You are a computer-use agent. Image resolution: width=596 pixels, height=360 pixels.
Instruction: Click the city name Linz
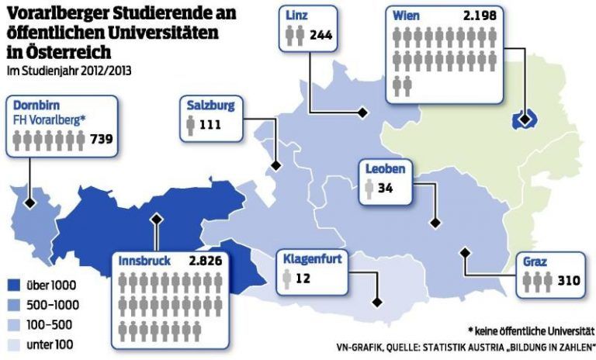coord(296,16)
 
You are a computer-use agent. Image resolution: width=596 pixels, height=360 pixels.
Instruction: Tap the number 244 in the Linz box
coord(321,35)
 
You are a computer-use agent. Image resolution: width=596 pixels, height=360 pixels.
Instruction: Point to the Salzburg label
coord(210,106)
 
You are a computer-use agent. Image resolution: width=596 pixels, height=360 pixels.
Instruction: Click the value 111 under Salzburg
coord(210,125)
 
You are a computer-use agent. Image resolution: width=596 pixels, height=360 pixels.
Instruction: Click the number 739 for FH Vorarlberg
coord(102,140)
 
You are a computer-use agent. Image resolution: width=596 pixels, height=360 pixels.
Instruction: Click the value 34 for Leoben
coord(386,188)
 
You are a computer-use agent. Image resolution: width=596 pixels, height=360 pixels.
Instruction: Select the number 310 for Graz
coord(569,280)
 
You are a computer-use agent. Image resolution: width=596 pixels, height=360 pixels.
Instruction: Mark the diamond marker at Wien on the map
coord(525,119)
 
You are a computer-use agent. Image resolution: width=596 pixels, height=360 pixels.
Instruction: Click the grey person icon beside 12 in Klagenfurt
coord(288,277)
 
